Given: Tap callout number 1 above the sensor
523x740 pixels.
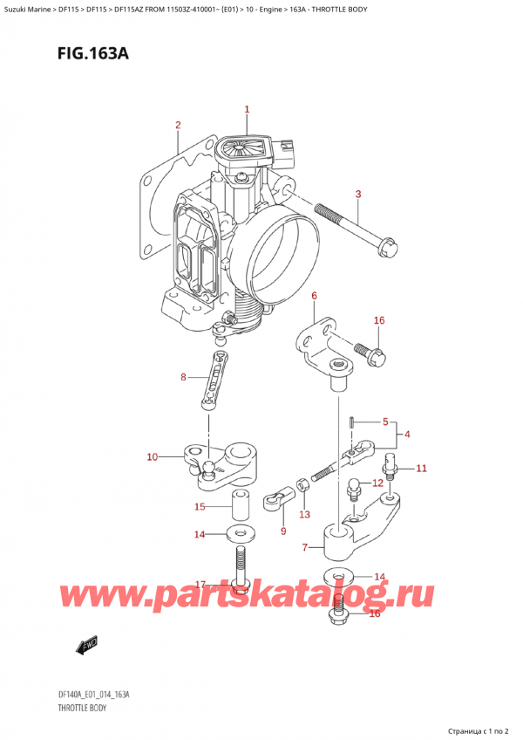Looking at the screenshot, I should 247,110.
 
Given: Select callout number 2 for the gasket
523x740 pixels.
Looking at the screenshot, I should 177,125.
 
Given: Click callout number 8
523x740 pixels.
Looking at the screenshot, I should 183,378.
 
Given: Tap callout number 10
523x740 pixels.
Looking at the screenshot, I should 153,456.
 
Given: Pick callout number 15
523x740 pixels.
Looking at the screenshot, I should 200,507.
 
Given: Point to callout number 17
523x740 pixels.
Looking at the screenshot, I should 200,584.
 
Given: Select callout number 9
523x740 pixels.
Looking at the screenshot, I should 282,531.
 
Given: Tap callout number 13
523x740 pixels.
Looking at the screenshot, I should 304,514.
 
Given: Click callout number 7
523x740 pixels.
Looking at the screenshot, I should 304,547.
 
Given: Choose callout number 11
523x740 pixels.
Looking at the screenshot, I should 421,469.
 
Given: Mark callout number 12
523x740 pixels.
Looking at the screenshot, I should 377,483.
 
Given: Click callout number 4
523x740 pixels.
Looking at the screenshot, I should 408,435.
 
